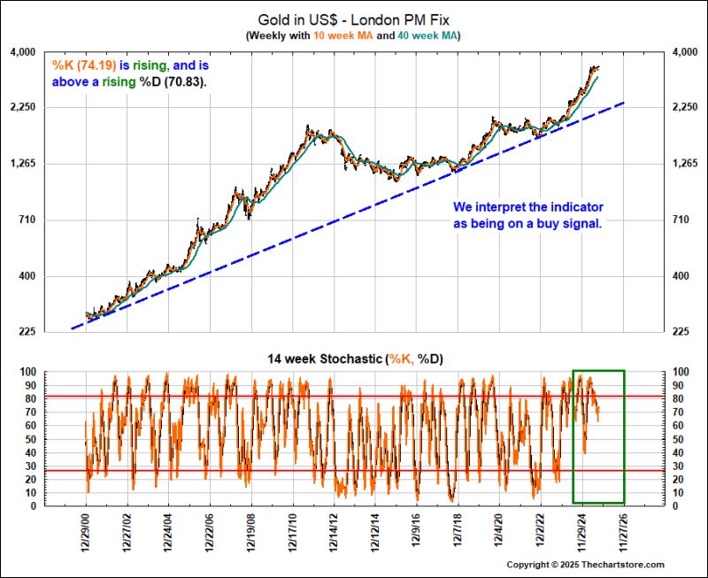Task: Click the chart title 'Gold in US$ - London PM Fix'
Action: point(353,18)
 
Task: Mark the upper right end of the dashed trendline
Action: point(625,103)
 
